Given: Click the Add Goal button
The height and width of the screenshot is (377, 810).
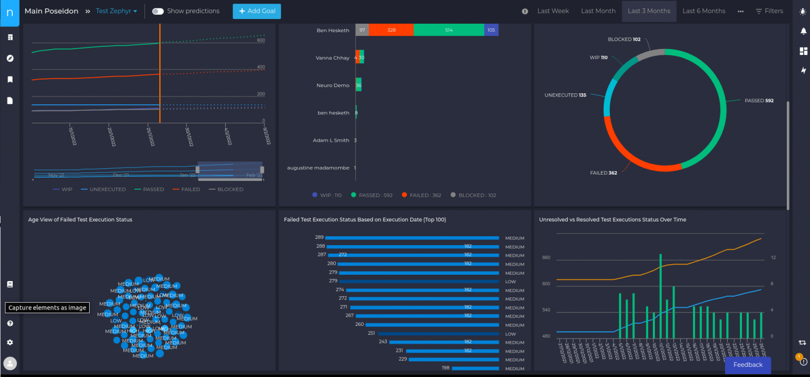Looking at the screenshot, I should click(257, 11).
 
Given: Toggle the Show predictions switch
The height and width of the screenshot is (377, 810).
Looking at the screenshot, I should click(158, 11).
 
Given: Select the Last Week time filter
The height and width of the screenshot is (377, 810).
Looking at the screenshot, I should click(553, 11).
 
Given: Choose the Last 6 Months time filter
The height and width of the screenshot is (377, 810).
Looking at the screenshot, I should click(703, 11).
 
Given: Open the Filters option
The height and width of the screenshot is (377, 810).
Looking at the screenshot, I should click(769, 11).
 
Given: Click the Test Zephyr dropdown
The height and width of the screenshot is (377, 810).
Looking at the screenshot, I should click(116, 11).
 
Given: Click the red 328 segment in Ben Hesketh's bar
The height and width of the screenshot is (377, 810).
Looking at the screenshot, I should click(391, 30).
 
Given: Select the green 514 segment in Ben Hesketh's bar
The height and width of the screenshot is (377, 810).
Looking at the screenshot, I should click(448, 30).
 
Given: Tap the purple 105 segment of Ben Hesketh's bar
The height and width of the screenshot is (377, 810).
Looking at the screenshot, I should click(491, 30).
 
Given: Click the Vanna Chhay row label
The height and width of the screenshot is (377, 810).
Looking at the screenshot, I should click(332, 58).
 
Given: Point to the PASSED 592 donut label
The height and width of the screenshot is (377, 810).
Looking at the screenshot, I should click(759, 101).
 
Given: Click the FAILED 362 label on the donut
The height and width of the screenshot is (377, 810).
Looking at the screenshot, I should click(603, 173).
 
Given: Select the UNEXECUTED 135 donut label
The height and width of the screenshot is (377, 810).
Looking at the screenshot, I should click(565, 95).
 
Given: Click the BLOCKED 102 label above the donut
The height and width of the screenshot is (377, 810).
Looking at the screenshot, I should click(624, 40).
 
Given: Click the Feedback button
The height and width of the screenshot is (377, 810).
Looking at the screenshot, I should click(748, 365).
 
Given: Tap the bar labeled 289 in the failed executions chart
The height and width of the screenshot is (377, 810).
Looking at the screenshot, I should click(412, 238).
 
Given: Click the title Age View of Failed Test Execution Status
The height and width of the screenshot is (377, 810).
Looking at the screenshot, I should click(80, 219).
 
